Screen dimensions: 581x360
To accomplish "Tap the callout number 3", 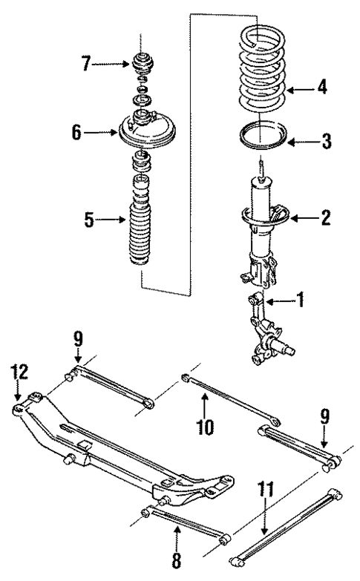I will click(324, 141).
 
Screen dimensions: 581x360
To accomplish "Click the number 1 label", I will click(300, 301).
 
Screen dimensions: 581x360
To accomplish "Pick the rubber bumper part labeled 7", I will click(141, 62).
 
